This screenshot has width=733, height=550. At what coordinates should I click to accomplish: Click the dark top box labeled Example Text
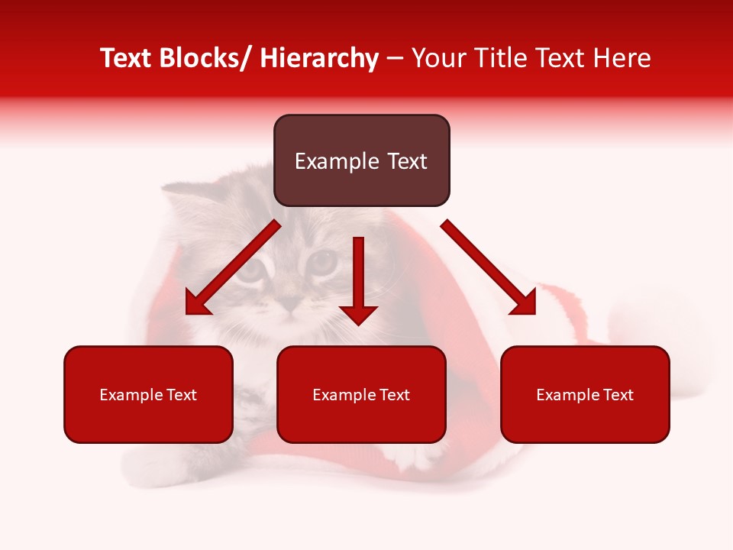point(361,160)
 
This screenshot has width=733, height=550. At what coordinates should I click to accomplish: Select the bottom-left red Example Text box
point(148,394)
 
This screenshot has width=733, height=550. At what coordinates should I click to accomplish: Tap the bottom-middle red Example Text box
point(361,394)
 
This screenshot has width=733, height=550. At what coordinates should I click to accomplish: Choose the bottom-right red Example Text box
point(585,394)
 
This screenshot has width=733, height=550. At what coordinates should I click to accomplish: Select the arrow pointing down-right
point(489,268)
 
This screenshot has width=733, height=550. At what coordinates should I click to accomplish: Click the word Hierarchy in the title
point(319,59)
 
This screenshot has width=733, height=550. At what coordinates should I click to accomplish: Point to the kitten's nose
point(289,304)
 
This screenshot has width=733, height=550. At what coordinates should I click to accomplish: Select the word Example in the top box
point(328,161)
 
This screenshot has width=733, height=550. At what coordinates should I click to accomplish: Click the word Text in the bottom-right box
point(618,395)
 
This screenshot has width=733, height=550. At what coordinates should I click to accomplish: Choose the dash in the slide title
point(395,59)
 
